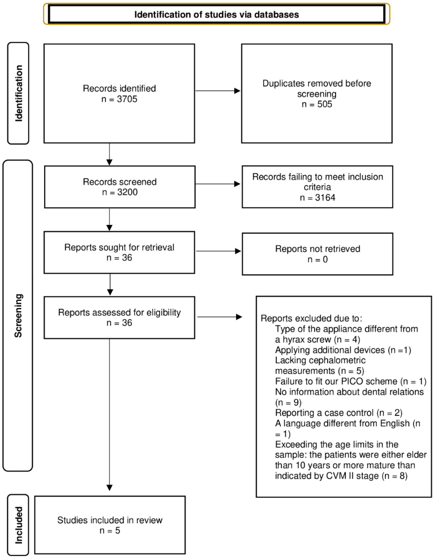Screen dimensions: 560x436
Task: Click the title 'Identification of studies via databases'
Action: pos(217,15)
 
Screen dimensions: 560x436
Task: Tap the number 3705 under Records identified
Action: pos(127,99)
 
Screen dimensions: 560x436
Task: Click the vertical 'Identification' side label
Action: pos(18,93)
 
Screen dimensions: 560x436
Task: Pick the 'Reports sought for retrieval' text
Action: pos(119,247)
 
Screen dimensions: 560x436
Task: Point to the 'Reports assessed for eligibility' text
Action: pos(119,312)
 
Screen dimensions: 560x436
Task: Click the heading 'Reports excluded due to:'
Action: pos(311,318)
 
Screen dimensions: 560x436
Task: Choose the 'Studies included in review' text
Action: pos(110,520)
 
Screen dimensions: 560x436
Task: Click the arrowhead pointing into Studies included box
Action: pos(110,488)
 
